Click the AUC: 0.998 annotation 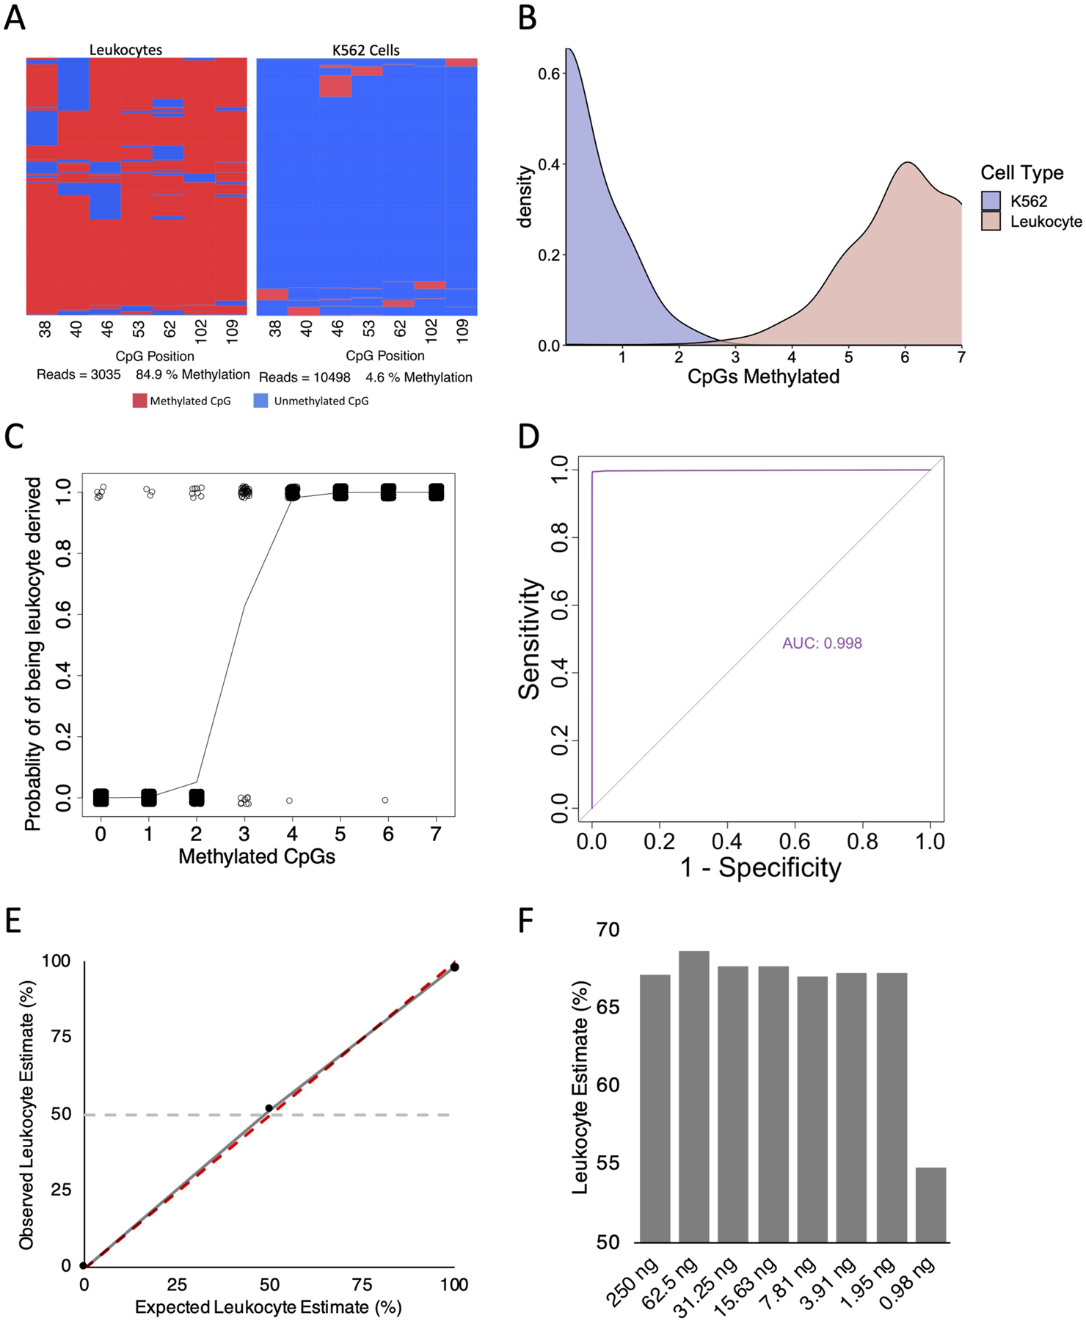(x=822, y=643)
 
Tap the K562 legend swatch (x=991, y=200)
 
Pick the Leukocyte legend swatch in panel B (x=991, y=221)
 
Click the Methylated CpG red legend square (x=139, y=401)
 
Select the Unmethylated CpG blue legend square (x=260, y=401)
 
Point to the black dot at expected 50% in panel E (x=269, y=1108)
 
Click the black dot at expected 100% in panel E (x=454, y=967)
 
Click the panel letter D (x=528, y=436)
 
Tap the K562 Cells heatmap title (x=366, y=50)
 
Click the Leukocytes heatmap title (x=125, y=50)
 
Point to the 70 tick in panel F (x=608, y=930)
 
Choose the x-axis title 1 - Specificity (x=760, y=867)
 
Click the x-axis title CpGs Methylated (x=763, y=376)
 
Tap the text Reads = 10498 (x=305, y=377)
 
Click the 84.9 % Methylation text (x=192, y=374)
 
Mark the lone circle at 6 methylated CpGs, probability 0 (x=385, y=800)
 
